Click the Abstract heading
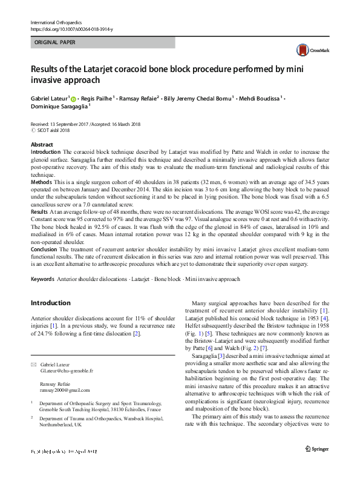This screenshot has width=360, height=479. tap(42, 145)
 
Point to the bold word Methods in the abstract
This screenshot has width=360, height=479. tap(41, 182)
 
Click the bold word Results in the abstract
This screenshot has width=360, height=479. tap(40, 212)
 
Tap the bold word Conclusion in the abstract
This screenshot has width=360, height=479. tap(45, 249)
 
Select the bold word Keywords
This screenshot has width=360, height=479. tap(42, 279)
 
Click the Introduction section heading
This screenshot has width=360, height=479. tap(50, 303)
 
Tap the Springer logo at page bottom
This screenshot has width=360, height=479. tap(316, 466)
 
